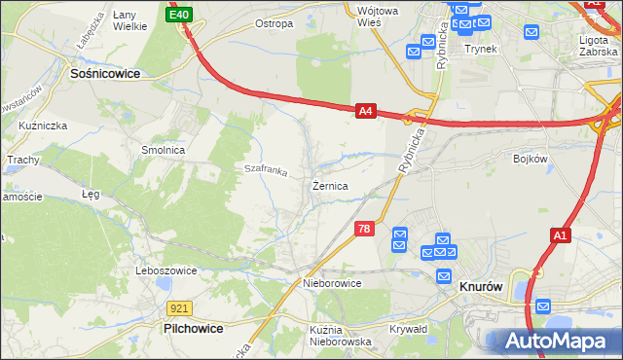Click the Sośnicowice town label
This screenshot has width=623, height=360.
point(105,73)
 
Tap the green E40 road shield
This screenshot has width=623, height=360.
point(179,15)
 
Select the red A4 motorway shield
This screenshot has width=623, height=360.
point(365,112)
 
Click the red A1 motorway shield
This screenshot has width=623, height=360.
point(561,234)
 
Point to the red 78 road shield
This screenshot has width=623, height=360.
point(363,229)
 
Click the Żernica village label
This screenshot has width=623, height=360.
point(331,185)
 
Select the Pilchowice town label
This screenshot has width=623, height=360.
point(194,329)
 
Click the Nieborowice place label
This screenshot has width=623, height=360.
point(332,283)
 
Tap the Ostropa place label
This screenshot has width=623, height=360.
point(274,23)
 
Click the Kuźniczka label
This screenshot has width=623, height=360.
point(41,126)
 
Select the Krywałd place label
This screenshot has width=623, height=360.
point(409,329)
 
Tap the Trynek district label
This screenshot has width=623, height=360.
point(481,49)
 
